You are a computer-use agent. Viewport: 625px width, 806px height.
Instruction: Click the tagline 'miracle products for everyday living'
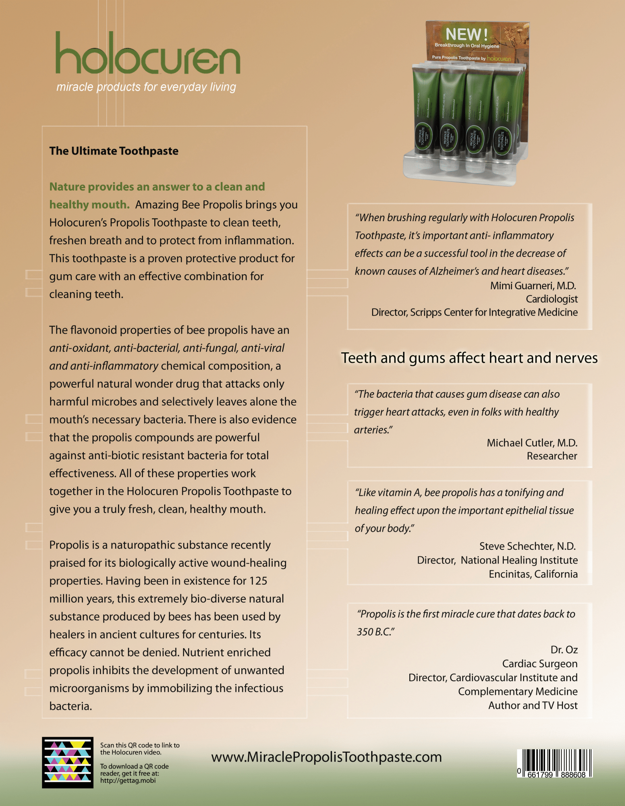click(146, 87)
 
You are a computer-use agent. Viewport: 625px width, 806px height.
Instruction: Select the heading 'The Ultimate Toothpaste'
click(114, 151)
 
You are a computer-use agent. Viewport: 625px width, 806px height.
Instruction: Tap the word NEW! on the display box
click(466, 35)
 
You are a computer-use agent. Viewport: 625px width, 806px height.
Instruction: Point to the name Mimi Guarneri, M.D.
click(533, 286)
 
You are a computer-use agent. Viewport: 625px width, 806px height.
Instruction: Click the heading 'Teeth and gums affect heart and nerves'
click(469, 358)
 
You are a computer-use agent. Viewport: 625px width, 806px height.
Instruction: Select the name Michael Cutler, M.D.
click(532, 443)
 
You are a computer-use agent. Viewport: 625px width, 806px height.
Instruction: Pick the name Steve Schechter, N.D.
click(527, 546)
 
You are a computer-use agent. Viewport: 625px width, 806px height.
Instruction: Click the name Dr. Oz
click(564, 650)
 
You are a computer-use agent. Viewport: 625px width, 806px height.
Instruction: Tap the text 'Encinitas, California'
click(533, 574)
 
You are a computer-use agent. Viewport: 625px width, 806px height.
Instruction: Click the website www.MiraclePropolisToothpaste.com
click(326, 757)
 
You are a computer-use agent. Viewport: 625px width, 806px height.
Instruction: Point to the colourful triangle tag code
click(68, 762)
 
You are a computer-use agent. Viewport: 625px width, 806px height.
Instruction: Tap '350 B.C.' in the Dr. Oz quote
click(375, 632)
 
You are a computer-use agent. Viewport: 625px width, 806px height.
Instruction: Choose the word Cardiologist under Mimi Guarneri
click(551, 299)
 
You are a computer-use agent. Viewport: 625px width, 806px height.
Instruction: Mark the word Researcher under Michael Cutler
click(552, 456)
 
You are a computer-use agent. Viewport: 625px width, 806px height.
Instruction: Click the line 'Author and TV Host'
click(533, 706)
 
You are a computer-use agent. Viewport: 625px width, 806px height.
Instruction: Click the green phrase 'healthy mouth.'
click(89, 205)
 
